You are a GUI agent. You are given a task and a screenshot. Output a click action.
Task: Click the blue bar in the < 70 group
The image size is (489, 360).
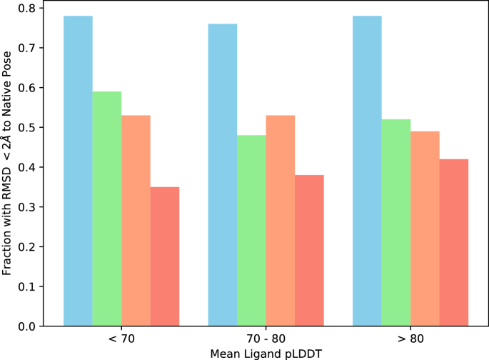click(x=78, y=171)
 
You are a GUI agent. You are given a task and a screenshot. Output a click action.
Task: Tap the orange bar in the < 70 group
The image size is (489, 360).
click(x=136, y=221)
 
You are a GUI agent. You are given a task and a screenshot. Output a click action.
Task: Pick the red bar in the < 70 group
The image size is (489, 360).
click(x=165, y=256)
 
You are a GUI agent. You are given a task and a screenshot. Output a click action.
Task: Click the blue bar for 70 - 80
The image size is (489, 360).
click(x=223, y=175)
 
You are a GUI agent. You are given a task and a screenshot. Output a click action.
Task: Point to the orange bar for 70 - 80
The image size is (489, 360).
click(x=281, y=221)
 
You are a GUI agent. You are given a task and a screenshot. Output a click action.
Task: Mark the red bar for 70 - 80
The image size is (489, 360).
click(x=309, y=251)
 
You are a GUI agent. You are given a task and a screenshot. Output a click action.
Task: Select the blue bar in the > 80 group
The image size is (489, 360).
click(x=367, y=171)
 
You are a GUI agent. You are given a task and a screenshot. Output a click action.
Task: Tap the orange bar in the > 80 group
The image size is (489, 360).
click(x=425, y=229)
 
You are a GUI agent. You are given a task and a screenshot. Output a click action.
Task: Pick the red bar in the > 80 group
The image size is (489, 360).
click(x=454, y=243)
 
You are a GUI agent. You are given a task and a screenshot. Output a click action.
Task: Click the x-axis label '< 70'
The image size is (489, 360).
click(x=121, y=338)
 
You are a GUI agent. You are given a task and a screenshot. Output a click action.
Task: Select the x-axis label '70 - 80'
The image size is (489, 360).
click(x=266, y=338)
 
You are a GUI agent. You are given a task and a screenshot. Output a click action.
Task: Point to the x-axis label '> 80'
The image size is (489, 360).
click(x=410, y=338)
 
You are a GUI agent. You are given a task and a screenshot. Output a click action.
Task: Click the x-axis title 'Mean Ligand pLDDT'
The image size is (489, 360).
click(x=266, y=352)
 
